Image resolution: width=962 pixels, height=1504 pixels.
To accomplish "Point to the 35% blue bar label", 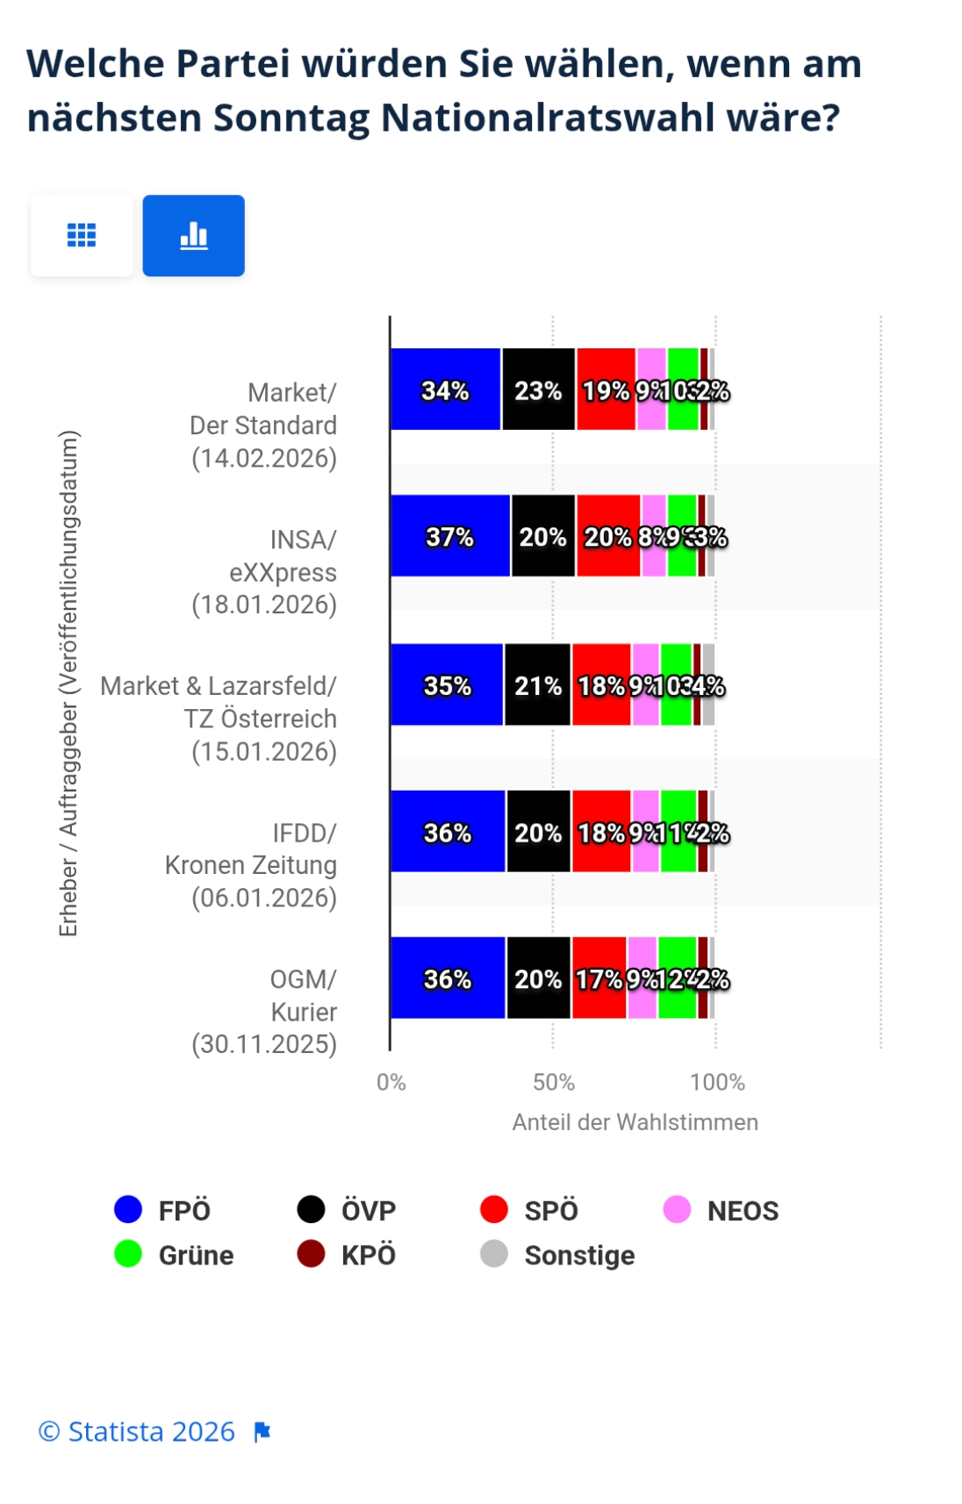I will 448,685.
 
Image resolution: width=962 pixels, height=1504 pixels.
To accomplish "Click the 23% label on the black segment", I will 538,390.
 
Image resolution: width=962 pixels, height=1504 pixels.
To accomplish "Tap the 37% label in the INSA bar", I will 449,536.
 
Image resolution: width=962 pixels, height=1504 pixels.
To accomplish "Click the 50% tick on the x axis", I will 554,1082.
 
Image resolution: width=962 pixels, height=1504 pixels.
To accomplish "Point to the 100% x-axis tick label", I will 717,1082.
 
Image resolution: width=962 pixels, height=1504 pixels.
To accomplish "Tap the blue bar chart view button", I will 194,235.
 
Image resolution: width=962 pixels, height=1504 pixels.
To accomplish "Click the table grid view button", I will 82,235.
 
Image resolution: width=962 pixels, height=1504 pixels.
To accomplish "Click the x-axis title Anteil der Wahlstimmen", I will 635,1122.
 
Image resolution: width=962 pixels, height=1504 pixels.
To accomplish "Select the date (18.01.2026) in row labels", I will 264,605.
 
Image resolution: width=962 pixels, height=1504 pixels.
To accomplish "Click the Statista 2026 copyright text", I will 137,1431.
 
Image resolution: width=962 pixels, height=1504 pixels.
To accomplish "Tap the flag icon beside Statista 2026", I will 262,1432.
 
